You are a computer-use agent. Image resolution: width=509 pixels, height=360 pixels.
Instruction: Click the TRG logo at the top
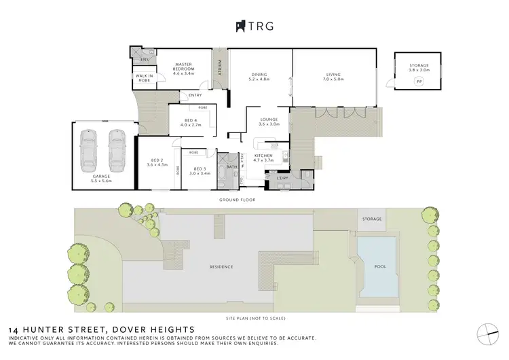pyautogui.click(x=254, y=26)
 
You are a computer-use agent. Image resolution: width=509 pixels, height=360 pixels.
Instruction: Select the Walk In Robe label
pyautogui.click(x=143, y=78)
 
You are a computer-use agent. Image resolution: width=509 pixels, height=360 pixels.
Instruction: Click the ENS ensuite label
pyautogui.click(x=144, y=59)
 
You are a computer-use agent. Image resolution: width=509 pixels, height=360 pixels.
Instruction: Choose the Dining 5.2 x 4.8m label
pyautogui.click(x=260, y=77)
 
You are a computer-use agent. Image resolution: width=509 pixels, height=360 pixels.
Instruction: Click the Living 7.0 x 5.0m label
pyautogui.click(x=334, y=77)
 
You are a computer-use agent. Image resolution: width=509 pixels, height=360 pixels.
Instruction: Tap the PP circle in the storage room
pyautogui.click(x=419, y=82)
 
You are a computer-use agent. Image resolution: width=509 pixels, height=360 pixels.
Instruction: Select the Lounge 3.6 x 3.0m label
pyautogui.click(x=270, y=122)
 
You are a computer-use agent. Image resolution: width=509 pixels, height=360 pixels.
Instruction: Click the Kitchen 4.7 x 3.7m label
pyautogui.click(x=264, y=158)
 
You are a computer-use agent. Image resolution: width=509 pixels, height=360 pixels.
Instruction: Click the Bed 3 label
pyautogui.click(x=200, y=171)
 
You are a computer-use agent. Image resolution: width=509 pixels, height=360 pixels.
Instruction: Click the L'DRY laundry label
pyautogui.click(x=283, y=178)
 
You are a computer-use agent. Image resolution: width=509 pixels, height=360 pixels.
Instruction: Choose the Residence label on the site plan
pyautogui.click(x=221, y=266)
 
